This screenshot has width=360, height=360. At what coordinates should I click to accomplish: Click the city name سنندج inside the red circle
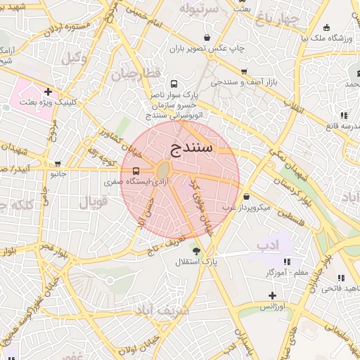[191, 148]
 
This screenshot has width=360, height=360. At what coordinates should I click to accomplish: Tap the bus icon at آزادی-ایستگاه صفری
[135, 171]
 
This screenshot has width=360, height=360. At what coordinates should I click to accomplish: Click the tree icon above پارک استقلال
[195, 251]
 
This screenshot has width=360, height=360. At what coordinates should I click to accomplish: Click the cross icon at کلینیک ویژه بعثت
[48, 91]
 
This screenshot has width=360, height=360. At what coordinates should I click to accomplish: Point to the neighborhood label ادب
[268, 245]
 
